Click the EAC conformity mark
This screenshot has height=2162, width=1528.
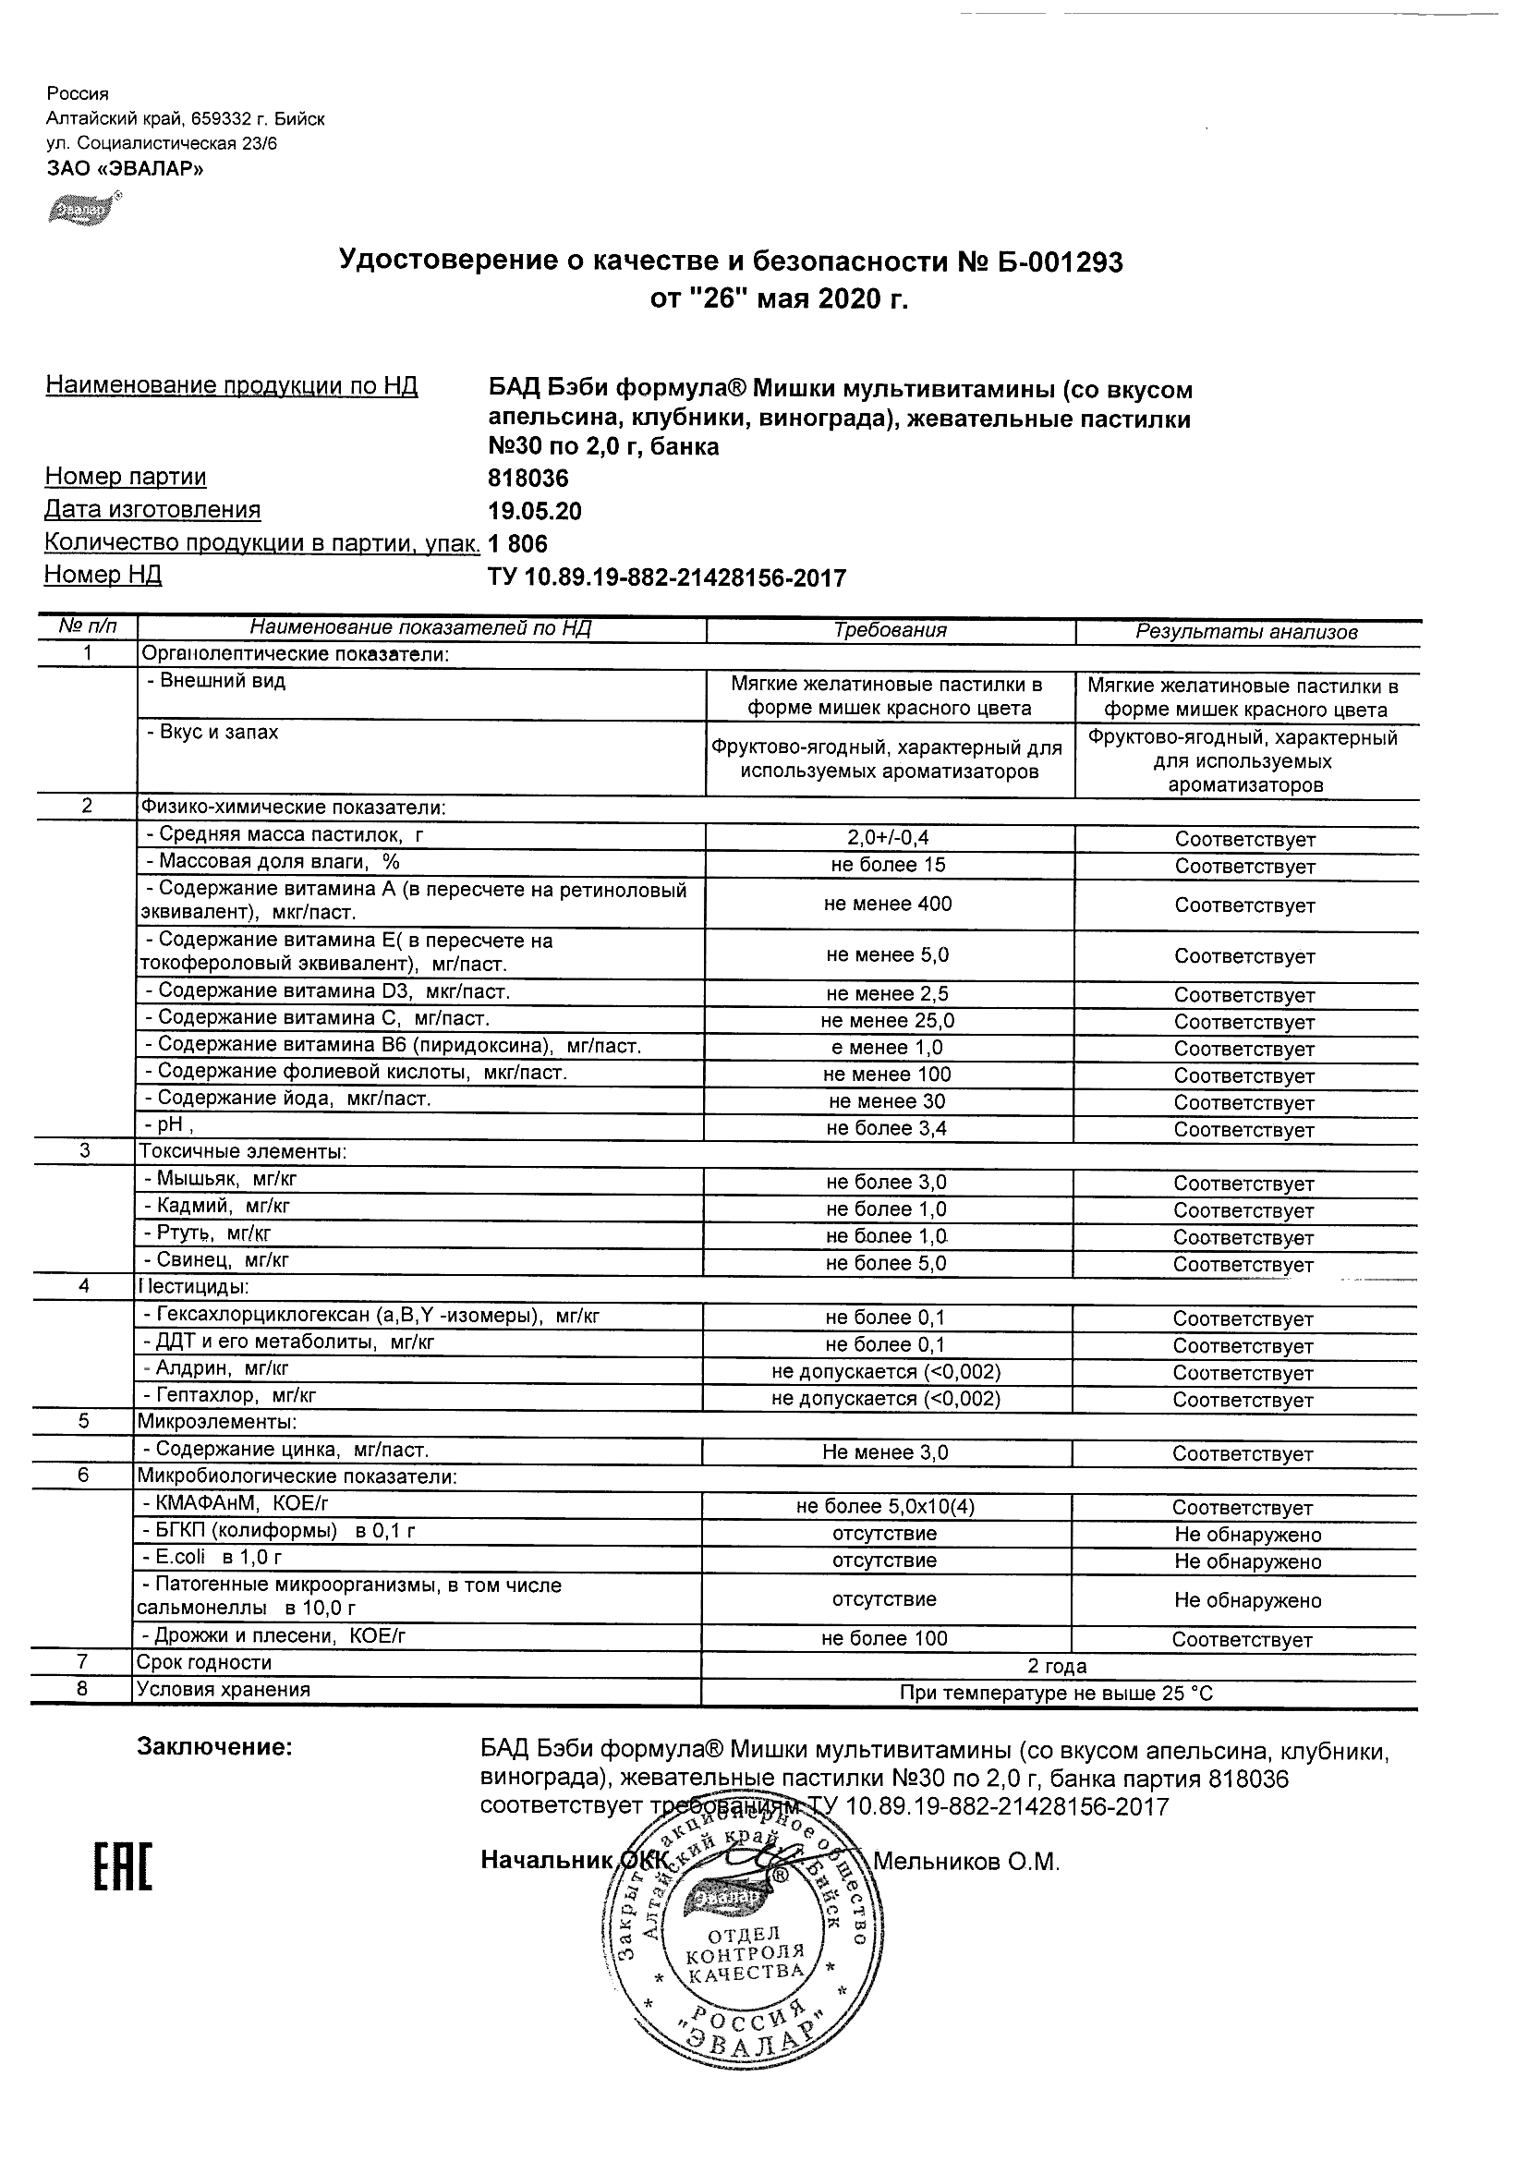(x=122, y=1862)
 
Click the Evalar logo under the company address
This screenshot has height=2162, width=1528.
(x=84, y=208)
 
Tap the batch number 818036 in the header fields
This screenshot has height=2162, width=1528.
(x=528, y=479)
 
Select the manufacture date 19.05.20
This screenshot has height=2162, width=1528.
(x=535, y=511)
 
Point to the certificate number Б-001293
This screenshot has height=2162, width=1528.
(x=1059, y=262)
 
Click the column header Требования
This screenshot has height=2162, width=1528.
(x=890, y=630)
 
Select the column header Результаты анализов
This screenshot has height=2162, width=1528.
(x=1246, y=632)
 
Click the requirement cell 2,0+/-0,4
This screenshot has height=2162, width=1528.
(x=889, y=837)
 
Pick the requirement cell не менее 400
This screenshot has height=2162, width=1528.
(x=888, y=904)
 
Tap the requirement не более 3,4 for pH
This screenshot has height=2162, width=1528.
(x=886, y=1128)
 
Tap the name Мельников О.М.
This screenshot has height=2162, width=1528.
(x=967, y=1862)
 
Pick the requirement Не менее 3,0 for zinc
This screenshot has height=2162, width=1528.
(x=885, y=1452)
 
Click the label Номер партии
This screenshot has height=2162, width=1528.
(x=127, y=478)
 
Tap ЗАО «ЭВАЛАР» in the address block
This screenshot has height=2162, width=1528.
(x=126, y=169)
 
